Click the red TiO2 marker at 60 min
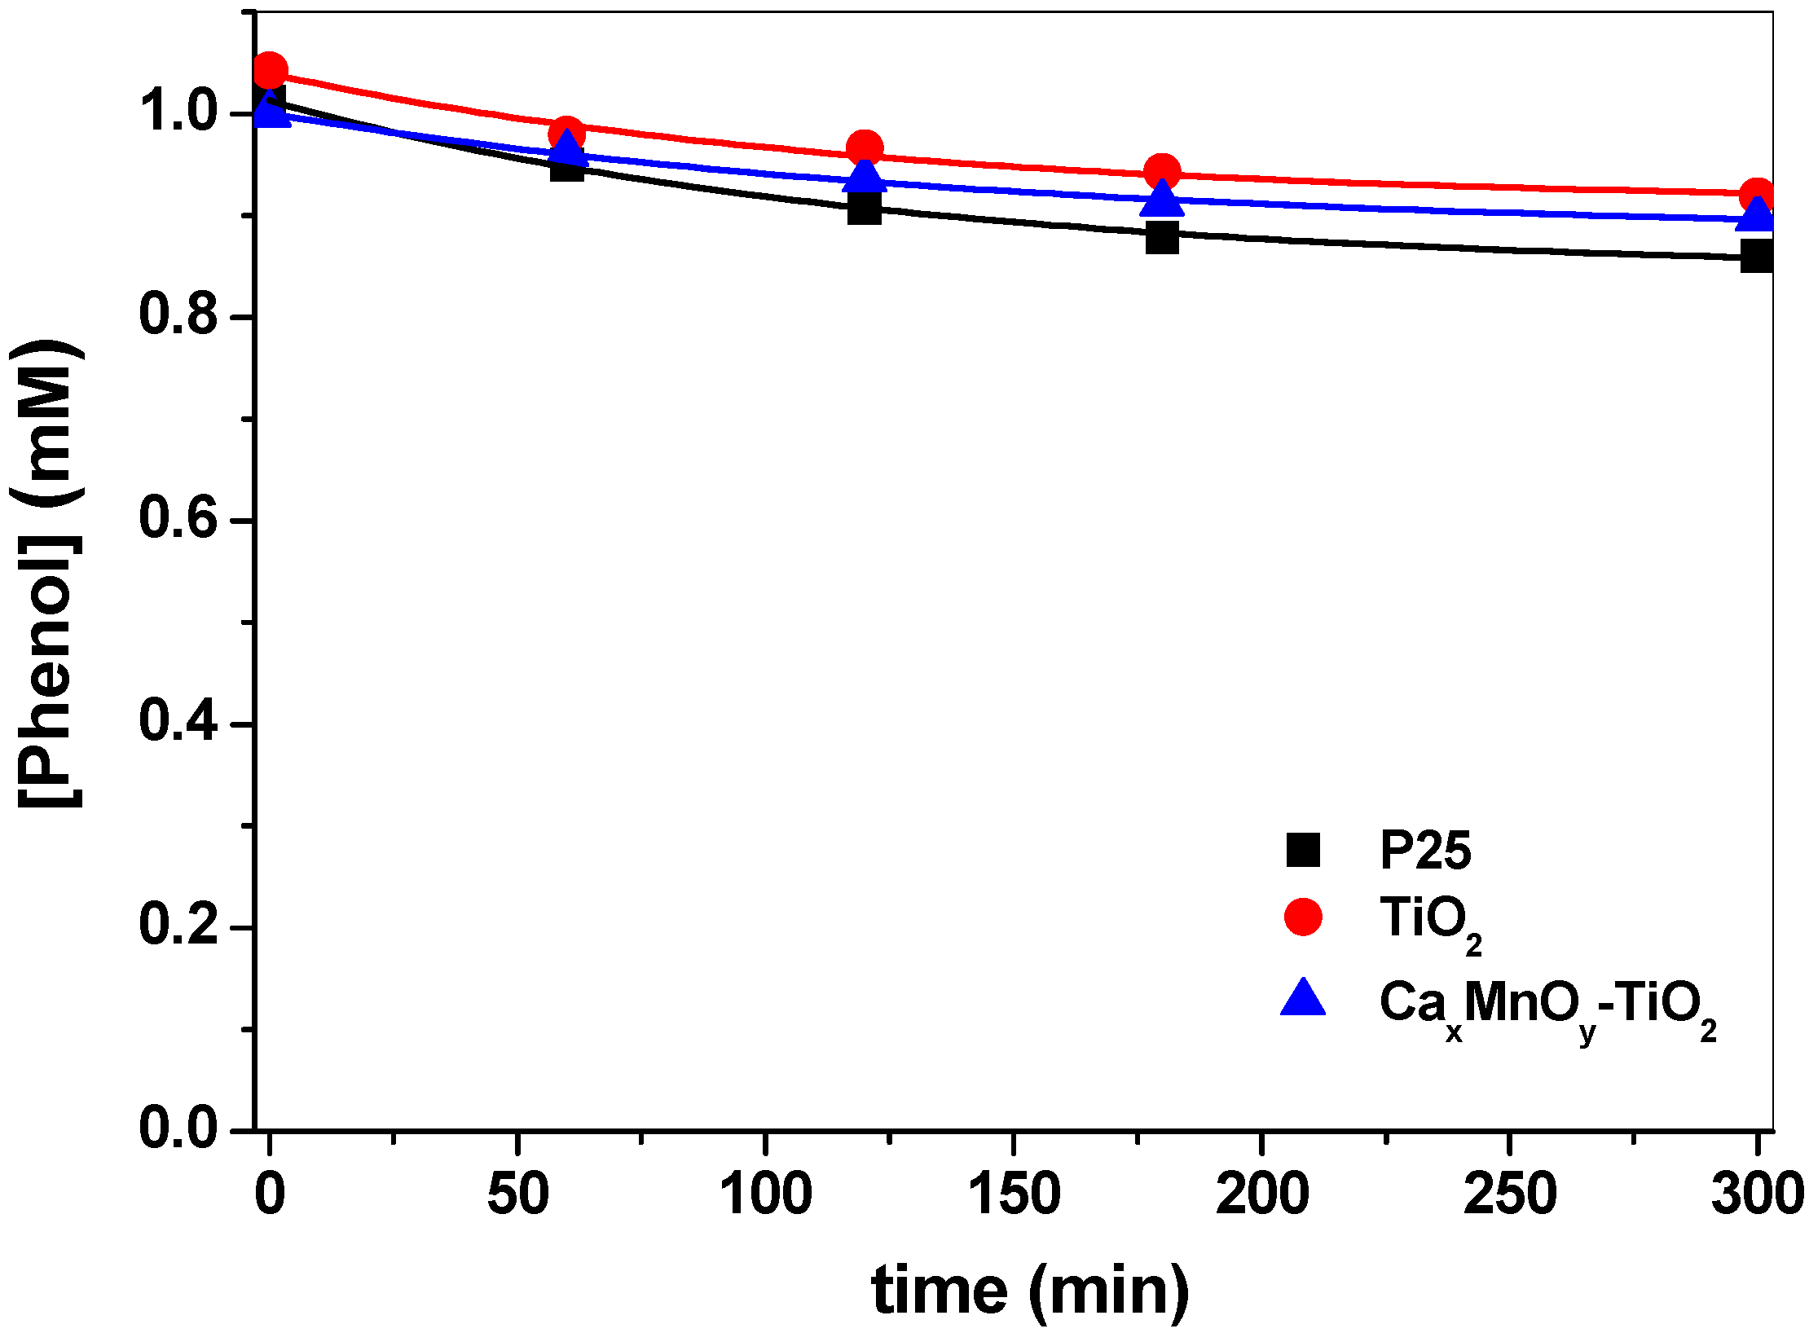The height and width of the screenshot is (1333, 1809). [x=566, y=133]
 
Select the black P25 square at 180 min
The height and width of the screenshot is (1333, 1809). [x=1161, y=239]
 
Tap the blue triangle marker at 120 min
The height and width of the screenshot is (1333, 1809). [x=864, y=175]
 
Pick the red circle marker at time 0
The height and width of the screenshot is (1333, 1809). [x=270, y=71]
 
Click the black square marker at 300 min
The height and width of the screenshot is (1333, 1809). [x=1757, y=257]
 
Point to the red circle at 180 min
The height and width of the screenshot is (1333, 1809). [x=1161, y=171]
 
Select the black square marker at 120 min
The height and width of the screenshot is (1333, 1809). [x=864, y=209]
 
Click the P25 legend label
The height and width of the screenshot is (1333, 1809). [x=1424, y=851]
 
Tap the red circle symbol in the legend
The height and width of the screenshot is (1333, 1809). [x=1302, y=917]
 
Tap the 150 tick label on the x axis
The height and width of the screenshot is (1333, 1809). [x=1013, y=1194]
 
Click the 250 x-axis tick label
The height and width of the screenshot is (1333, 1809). [x=1509, y=1194]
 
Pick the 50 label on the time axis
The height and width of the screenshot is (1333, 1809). [x=517, y=1194]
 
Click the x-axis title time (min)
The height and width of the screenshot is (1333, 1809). [x=1029, y=1291]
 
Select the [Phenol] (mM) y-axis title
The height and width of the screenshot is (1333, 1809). [x=49, y=573]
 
